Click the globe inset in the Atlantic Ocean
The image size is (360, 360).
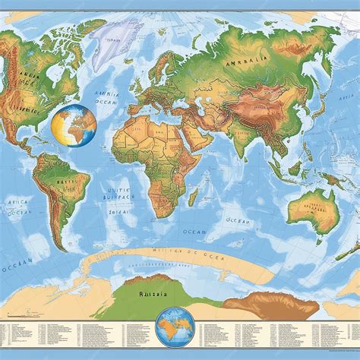click(x=74, y=126)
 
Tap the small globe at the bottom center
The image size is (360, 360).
click(x=174, y=327)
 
